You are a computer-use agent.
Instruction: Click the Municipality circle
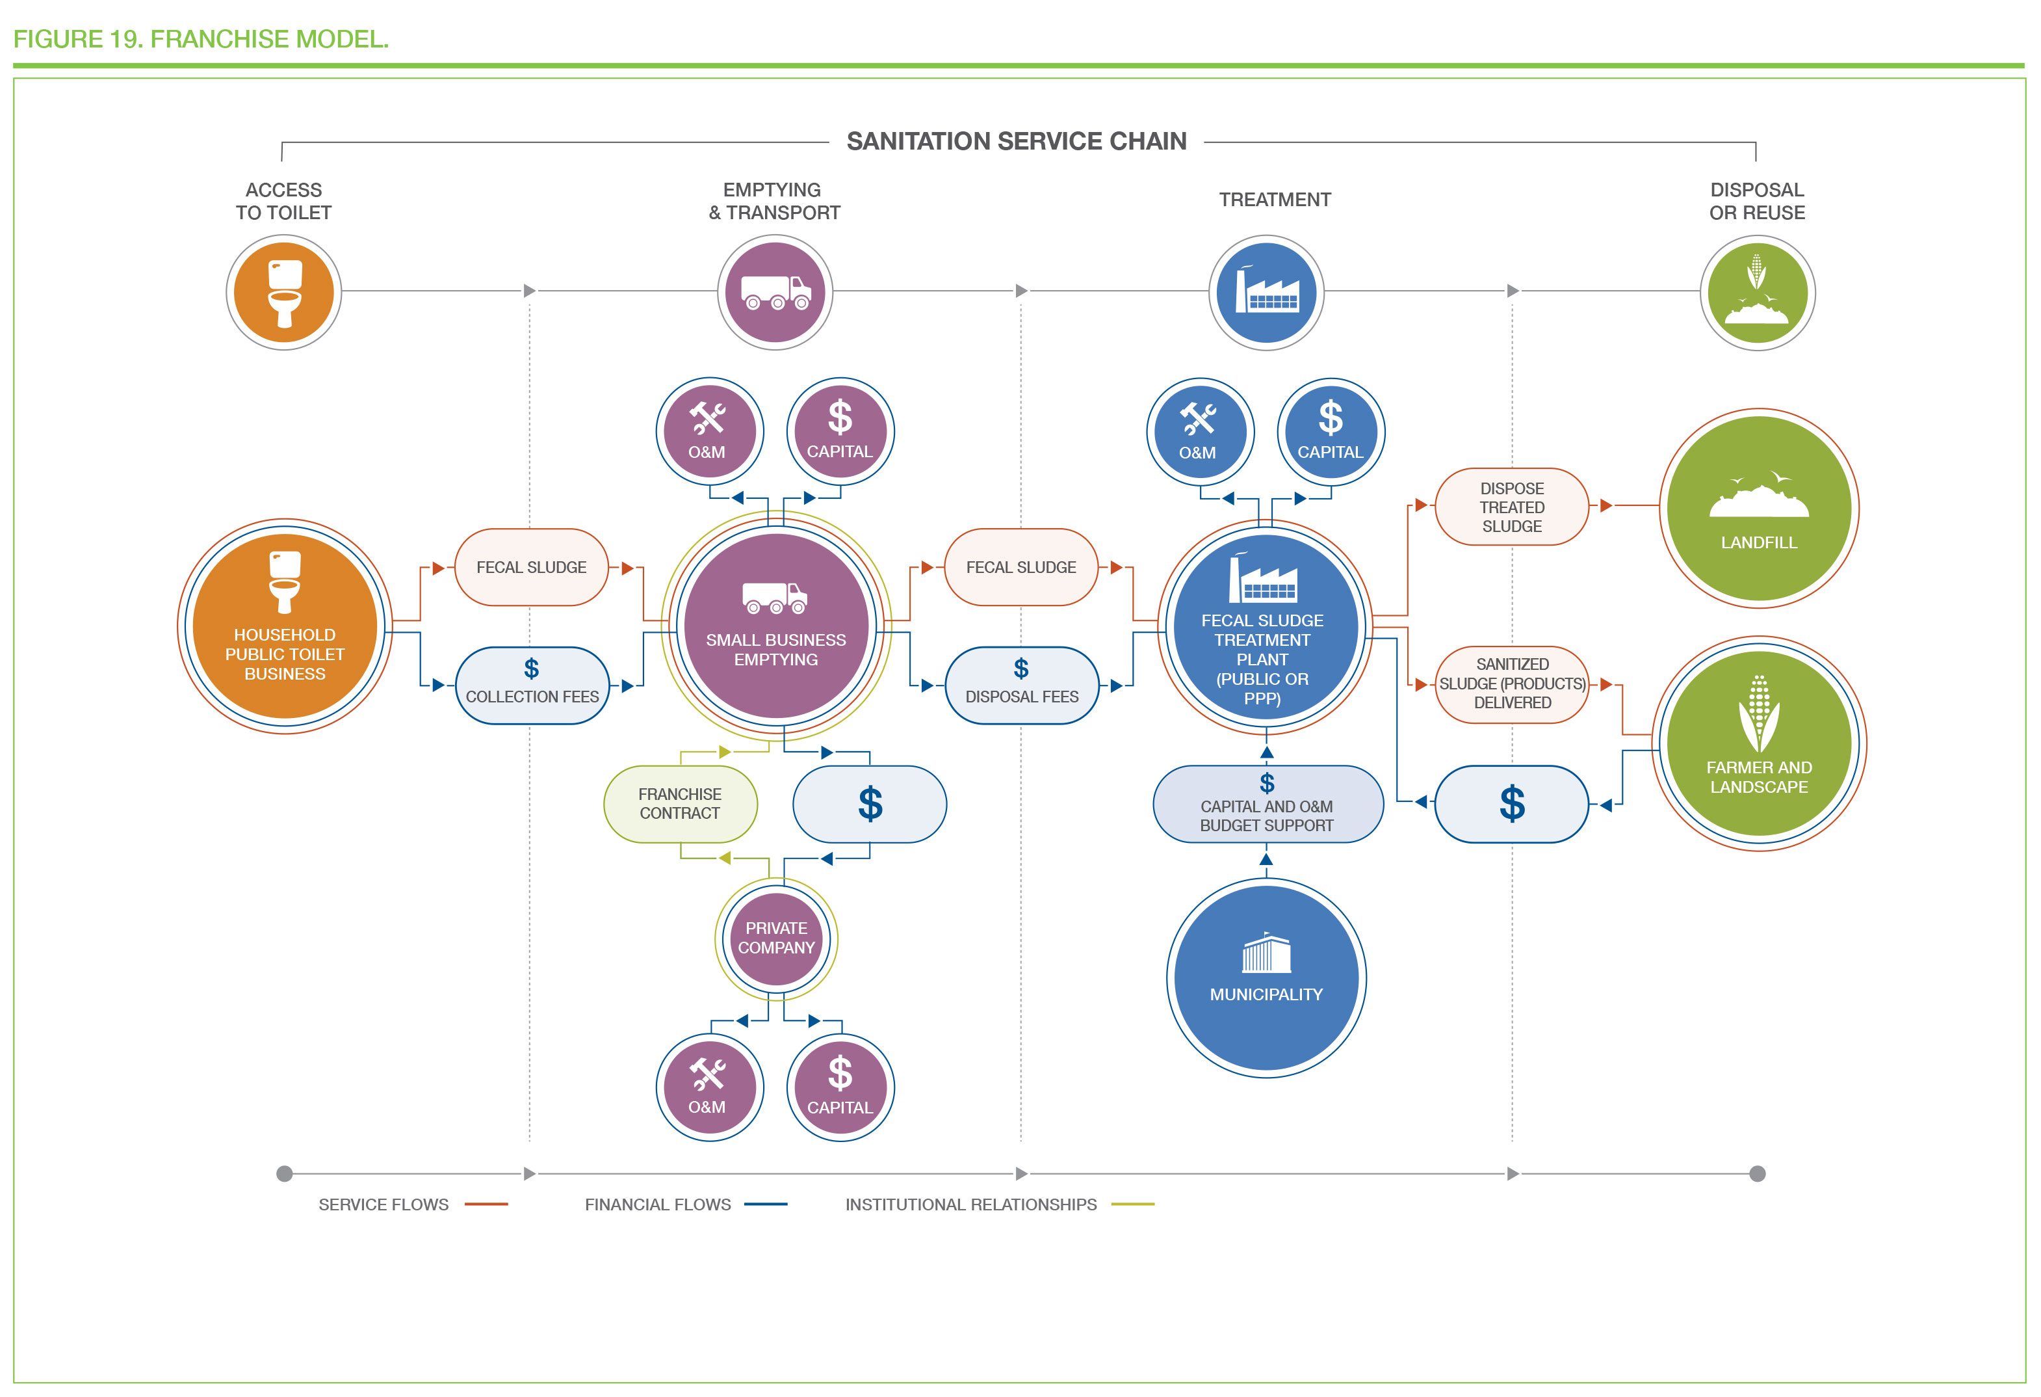point(1266,978)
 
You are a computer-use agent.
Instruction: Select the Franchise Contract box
point(680,804)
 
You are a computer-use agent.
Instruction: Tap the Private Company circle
point(775,938)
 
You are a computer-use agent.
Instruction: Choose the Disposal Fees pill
point(1021,685)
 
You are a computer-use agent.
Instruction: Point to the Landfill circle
point(1758,508)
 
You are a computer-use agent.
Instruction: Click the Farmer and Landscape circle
point(1758,743)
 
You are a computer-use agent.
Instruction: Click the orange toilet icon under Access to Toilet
point(283,293)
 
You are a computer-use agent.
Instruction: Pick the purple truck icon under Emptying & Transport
point(775,293)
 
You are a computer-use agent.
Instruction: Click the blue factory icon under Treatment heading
point(1266,293)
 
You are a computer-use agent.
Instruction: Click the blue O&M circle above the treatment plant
point(1200,431)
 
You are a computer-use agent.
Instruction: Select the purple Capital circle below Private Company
point(840,1087)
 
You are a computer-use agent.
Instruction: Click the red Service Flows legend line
point(486,1204)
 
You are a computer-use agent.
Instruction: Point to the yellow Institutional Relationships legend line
point(1132,1204)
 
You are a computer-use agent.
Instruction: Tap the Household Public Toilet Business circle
point(285,626)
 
